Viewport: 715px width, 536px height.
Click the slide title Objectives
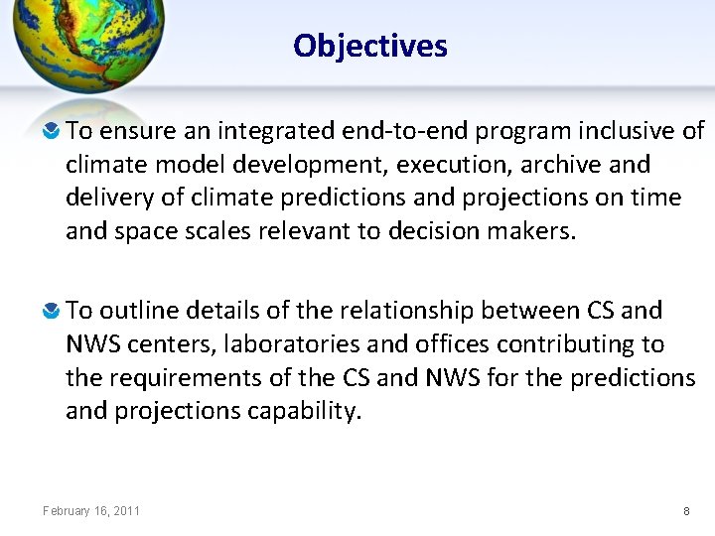[370, 46]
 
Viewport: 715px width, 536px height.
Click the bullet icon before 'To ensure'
[52, 132]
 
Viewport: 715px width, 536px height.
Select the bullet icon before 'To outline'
[52, 312]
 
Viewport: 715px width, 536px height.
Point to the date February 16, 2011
[91, 511]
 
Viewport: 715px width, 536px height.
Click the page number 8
[686, 511]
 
